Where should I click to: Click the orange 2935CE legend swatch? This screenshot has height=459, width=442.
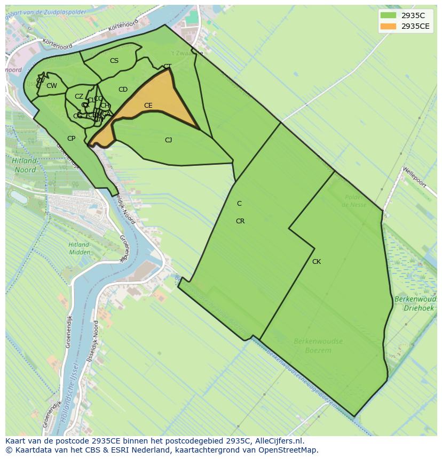pos(389,26)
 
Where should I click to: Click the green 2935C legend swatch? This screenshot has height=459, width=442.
pos(389,15)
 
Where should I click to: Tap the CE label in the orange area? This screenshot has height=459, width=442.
pos(148,106)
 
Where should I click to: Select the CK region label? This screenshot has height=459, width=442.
pos(317,262)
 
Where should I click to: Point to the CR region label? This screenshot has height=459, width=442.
pos(240,221)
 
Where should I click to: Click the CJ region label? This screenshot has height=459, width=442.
pos(168,140)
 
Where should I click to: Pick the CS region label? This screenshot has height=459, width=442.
pos(114,61)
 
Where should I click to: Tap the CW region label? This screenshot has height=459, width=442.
pos(52,86)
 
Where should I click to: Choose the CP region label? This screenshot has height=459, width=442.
pos(71,139)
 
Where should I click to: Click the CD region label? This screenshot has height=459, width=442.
pos(123,90)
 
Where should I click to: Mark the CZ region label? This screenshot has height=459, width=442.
pos(79,96)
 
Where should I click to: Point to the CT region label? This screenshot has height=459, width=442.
pos(167,67)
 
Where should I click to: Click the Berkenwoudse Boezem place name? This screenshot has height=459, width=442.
pos(318,345)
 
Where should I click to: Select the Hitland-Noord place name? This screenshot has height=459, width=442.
pos(25,165)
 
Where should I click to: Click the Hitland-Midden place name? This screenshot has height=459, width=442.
pos(79,248)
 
